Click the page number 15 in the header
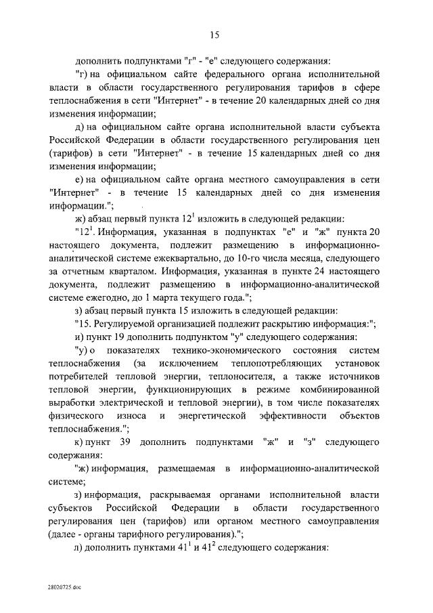tap(216, 35)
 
